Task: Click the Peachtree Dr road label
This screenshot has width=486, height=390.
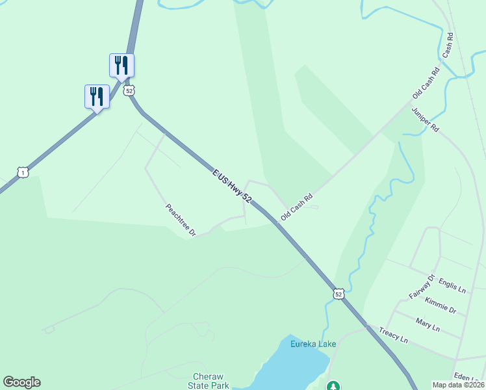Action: point(181,220)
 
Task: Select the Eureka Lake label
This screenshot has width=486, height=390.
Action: point(313,344)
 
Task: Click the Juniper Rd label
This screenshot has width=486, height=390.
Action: point(425,120)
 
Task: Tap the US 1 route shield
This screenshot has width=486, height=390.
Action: point(23,172)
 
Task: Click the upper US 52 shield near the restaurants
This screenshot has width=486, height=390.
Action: point(130,90)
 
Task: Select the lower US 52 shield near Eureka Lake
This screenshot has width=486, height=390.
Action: point(338,294)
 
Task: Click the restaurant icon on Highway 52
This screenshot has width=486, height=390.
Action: point(122,65)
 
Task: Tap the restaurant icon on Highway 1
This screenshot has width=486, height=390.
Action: point(97,96)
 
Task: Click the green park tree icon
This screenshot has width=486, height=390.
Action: point(333,386)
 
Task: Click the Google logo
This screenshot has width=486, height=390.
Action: point(21,382)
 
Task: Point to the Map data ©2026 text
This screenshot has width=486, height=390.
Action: point(457,385)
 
